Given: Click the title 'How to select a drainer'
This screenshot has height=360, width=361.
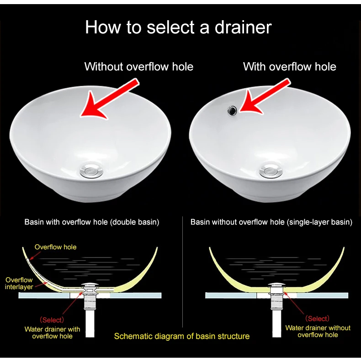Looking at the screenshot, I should point(178,27).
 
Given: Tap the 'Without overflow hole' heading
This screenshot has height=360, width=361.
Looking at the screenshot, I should point(138,67).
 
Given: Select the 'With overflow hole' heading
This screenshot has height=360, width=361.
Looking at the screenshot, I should point(289,67).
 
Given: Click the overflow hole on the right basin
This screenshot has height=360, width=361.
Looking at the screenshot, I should point(233,110).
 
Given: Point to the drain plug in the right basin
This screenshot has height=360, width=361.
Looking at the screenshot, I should point(271,171).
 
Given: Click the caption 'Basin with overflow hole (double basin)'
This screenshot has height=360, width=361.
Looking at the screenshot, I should point(91,222).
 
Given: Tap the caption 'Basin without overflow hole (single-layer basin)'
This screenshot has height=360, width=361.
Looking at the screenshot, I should point(271,222).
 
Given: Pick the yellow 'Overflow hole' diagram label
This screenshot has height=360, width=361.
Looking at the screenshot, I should point(55,247).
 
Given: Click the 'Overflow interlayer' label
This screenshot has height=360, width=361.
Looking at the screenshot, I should point(19,283).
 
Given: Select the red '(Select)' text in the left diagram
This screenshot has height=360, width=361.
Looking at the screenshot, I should point(51,320).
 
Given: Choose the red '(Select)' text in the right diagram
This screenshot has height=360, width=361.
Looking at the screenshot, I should point(318,318).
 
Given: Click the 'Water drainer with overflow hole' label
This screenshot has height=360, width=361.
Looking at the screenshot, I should point(52,333).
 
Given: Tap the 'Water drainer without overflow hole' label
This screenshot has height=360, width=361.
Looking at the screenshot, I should point(318,331).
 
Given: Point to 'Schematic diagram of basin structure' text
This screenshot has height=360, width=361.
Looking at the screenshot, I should point(181,336).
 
